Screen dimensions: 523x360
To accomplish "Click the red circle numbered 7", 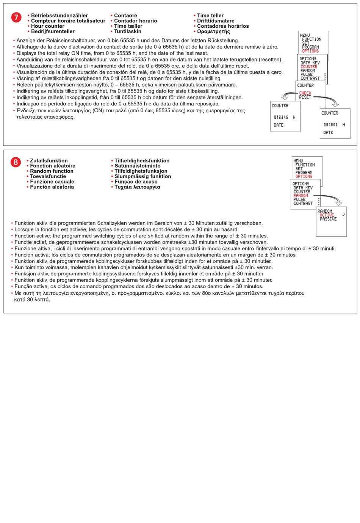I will [16, 17].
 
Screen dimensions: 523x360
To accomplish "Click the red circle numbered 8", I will [16, 162].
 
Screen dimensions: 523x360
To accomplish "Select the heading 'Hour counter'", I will [48, 26].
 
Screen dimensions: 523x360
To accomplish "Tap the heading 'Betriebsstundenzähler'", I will [59, 16].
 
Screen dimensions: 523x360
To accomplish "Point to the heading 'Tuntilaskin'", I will [128, 31].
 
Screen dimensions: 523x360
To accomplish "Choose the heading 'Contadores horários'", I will [223, 26].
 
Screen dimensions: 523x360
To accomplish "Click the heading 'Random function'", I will [52, 171].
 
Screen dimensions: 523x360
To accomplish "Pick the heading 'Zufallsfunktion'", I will [49, 161].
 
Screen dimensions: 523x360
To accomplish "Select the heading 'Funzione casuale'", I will [52, 182].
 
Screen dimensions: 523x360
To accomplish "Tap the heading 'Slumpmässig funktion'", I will [143, 176].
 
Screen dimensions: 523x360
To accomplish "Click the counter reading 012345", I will [281, 118].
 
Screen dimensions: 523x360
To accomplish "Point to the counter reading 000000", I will [330, 125].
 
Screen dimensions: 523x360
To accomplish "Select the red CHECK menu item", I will [305, 93].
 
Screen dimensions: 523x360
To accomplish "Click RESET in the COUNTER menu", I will [305, 97].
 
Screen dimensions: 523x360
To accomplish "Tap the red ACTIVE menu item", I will [327, 215].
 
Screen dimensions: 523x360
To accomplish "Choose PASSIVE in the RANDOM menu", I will [328, 219].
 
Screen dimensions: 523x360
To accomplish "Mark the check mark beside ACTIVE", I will [343, 215].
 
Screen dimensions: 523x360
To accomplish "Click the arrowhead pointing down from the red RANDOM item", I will [339, 203].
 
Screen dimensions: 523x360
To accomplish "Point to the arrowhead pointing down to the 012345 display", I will [284, 97].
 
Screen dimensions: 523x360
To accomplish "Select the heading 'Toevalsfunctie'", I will [48, 176].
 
